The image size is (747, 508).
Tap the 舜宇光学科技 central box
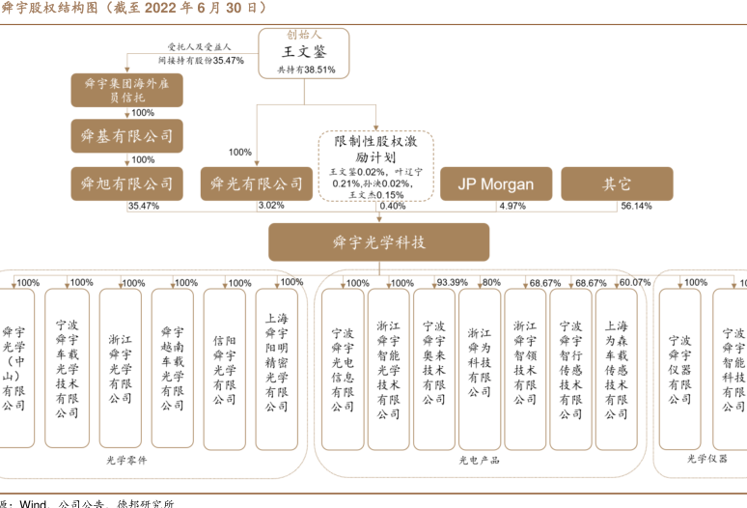pyautogui.click(x=378, y=242)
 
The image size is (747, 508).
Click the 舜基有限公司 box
pyautogui.click(x=126, y=136)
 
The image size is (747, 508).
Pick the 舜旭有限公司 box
pyautogui.click(x=126, y=183)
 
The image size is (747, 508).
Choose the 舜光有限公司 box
pyautogui.click(x=256, y=183)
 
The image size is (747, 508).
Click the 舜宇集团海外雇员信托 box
pyautogui.click(x=126, y=90)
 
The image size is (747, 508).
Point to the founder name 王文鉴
pyautogui.click(x=303, y=52)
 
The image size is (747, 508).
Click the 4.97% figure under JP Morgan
pyautogui.click(x=512, y=206)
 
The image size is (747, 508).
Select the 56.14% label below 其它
pyautogui.click(x=636, y=206)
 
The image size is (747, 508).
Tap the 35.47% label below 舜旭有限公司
pyautogui.click(x=143, y=206)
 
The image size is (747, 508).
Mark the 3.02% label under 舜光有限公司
pyautogui.click(x=271, y=206)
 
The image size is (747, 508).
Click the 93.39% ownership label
pyautogui.click(x=452, y=283)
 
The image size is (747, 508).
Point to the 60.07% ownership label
pyautogui.click(x=635, y=283)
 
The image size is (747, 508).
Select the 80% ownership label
pyautogui.click(x=491, y=283)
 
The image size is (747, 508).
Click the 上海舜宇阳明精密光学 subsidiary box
pyautogui.click(x=276, y=367)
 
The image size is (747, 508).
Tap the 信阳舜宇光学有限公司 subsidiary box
pyautogui.click(x=224, y=367)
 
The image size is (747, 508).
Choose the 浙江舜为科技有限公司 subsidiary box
pyautogui.click(x=480, y=367)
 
